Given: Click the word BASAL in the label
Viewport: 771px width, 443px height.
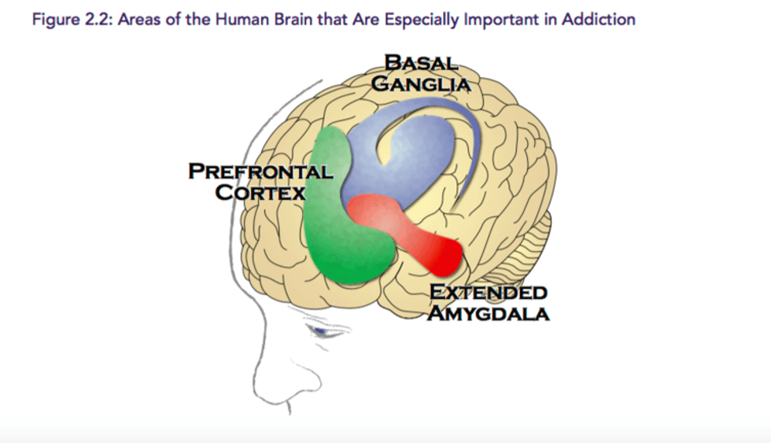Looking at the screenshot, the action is [x=422, y=63].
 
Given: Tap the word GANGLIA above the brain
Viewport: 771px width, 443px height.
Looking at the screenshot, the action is [x=422, y=83].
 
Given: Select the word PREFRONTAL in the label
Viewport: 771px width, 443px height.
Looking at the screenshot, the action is [x=260, y=171].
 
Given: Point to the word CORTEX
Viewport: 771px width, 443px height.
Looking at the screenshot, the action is [x=260, y=192].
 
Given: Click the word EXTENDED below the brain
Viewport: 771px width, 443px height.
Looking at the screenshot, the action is [x=489, y=292].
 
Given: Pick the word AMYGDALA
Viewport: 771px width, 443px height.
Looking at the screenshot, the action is [x=489, y=313].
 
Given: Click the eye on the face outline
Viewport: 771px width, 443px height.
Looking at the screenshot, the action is [x=322, y=331].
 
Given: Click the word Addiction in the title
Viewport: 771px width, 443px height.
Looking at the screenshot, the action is [x=599, y=19].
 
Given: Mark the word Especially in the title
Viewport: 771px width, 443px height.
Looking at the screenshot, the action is [x=422, y=20].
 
